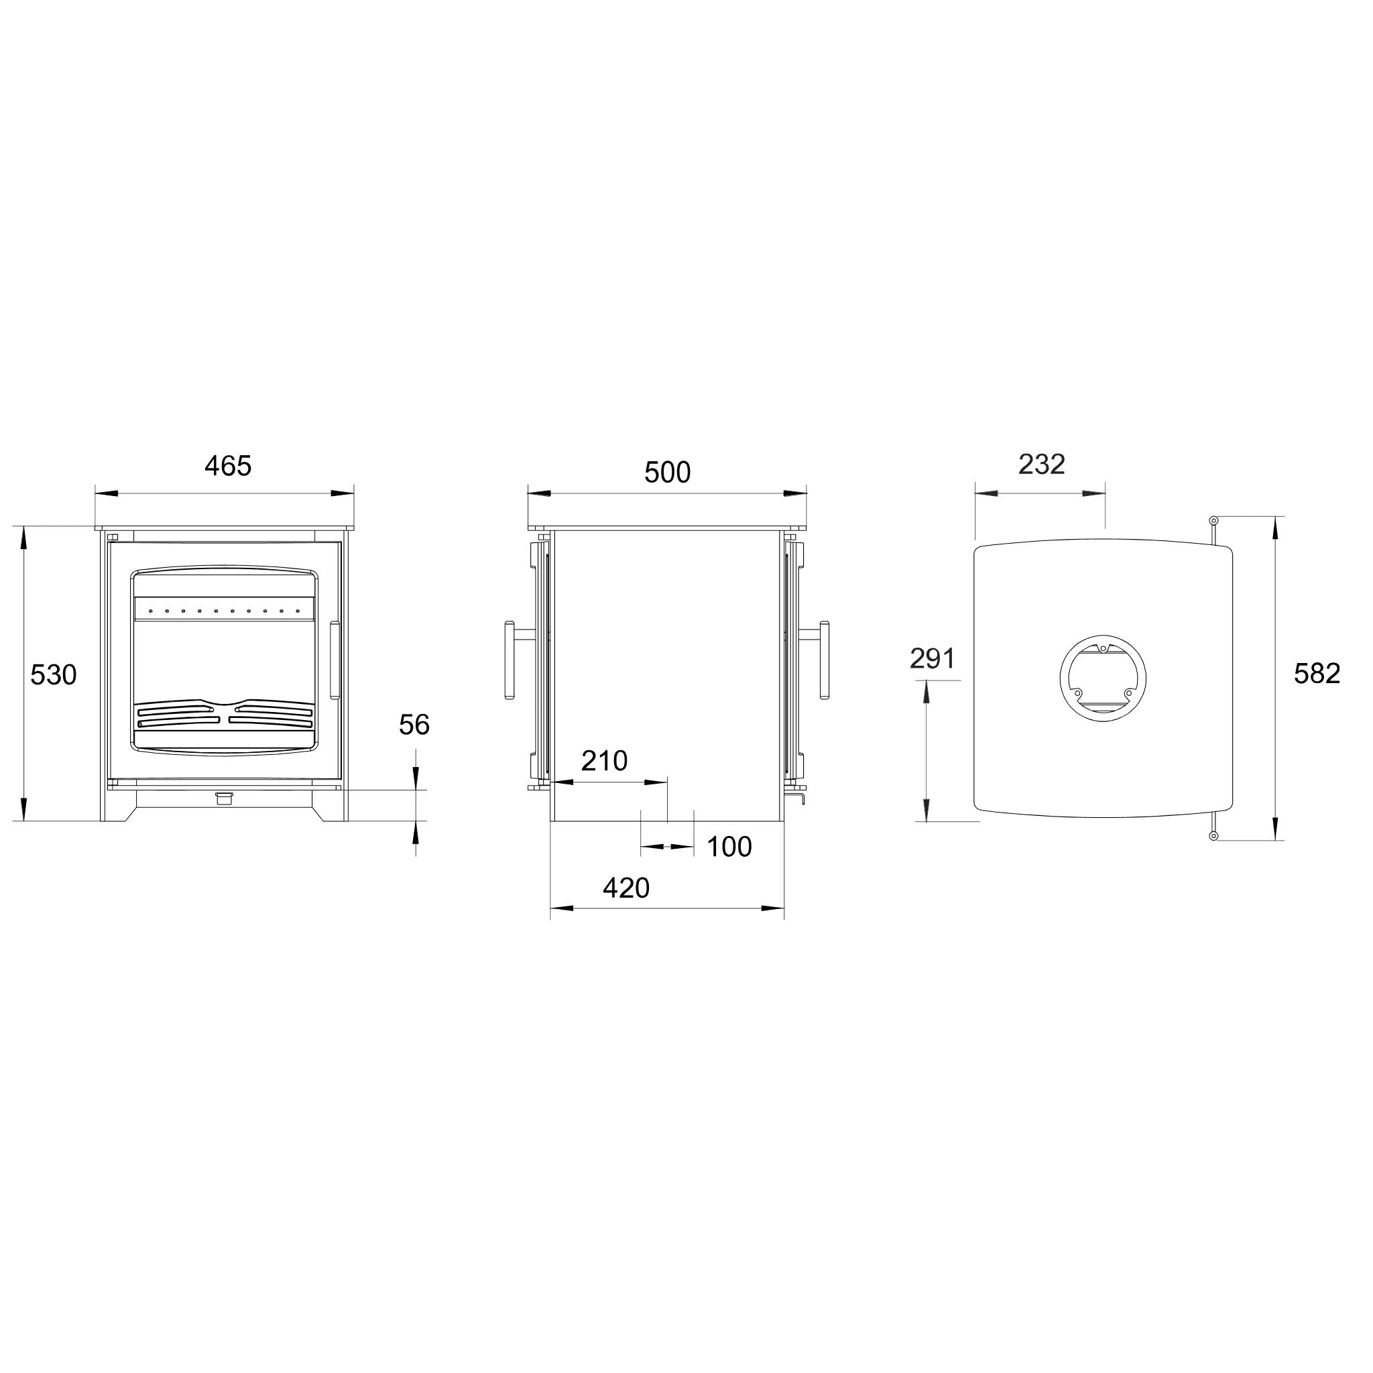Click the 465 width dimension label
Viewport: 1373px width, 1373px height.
228,466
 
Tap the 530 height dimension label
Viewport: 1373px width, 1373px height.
54,674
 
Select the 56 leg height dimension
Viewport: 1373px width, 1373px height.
414,725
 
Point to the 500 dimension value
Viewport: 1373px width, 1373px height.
667,473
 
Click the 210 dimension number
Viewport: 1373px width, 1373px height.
604,761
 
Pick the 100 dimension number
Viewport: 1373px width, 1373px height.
729,847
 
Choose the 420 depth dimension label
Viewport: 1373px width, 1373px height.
626,888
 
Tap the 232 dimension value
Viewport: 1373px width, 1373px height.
1042,465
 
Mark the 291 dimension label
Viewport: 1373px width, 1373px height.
933,660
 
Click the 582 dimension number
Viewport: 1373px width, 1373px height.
1317,674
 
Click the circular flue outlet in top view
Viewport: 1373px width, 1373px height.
1102,677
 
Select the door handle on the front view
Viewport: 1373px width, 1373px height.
335,661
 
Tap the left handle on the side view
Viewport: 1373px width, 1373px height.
510,661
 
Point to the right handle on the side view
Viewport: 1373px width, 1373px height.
825,661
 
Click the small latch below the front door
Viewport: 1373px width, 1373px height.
224,798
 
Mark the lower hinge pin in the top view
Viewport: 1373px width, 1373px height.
1214,836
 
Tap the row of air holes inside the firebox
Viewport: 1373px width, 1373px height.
224,611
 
